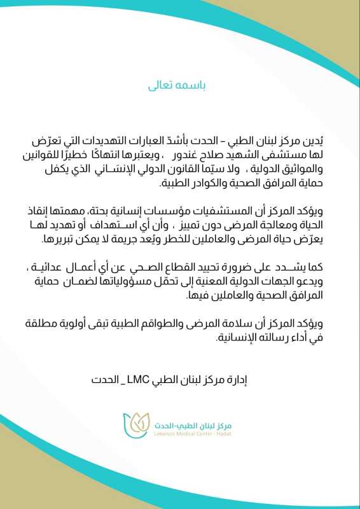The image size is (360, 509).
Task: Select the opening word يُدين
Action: click(x=323, y=140)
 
